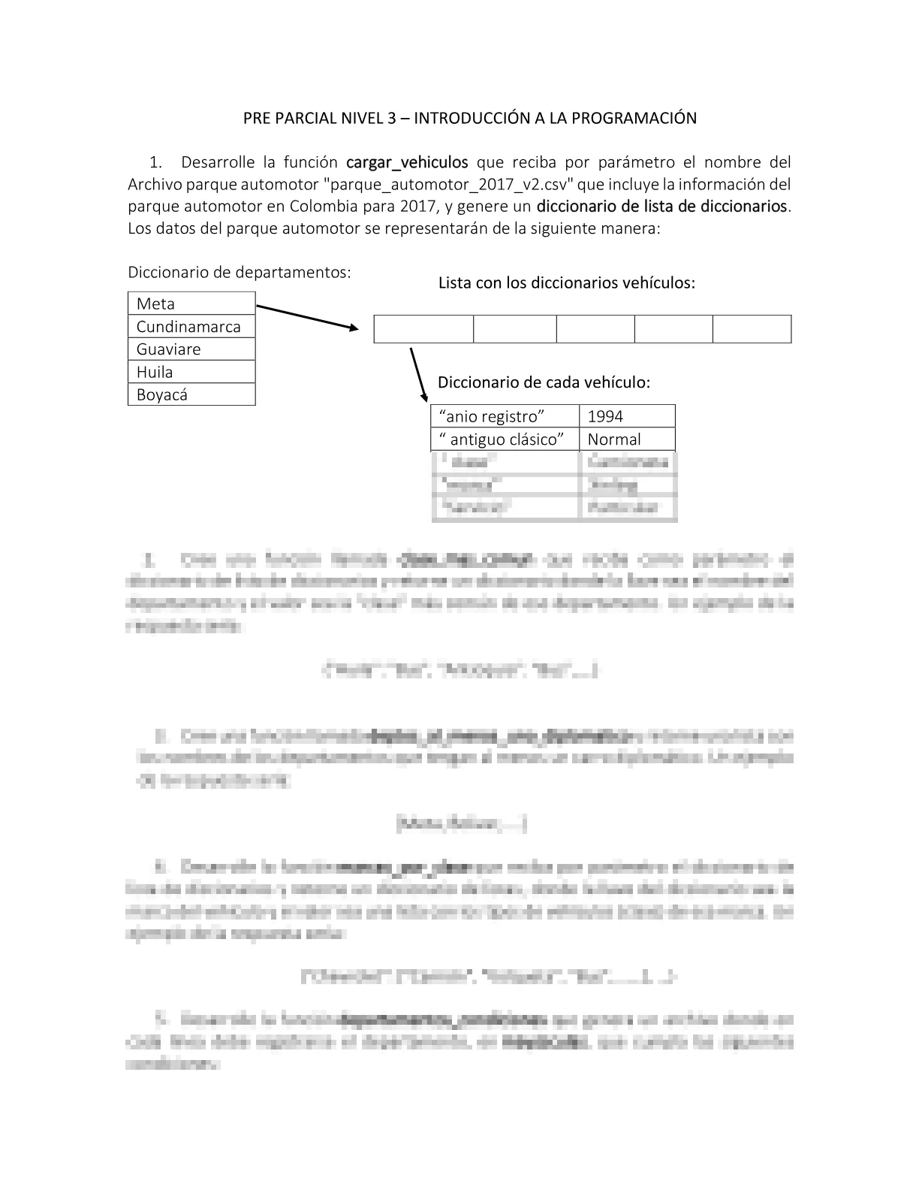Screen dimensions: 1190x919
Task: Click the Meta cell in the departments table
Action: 191,304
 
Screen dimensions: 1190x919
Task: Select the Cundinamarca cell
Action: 191,327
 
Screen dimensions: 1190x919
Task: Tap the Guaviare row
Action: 191,349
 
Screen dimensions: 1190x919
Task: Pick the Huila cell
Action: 191,372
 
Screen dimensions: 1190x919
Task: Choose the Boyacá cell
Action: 191,394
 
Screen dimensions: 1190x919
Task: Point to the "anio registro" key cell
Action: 505,416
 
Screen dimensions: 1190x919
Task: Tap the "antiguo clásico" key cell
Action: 505,439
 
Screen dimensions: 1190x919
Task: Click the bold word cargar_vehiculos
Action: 407,162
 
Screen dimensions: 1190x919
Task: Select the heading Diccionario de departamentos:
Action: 240,272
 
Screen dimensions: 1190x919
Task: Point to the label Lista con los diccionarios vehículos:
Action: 567,283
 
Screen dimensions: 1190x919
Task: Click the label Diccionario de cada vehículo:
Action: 544,382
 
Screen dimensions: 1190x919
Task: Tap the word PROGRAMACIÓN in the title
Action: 632,118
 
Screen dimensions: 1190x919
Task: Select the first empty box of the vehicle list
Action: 423,329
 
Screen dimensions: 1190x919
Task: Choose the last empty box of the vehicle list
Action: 752,329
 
